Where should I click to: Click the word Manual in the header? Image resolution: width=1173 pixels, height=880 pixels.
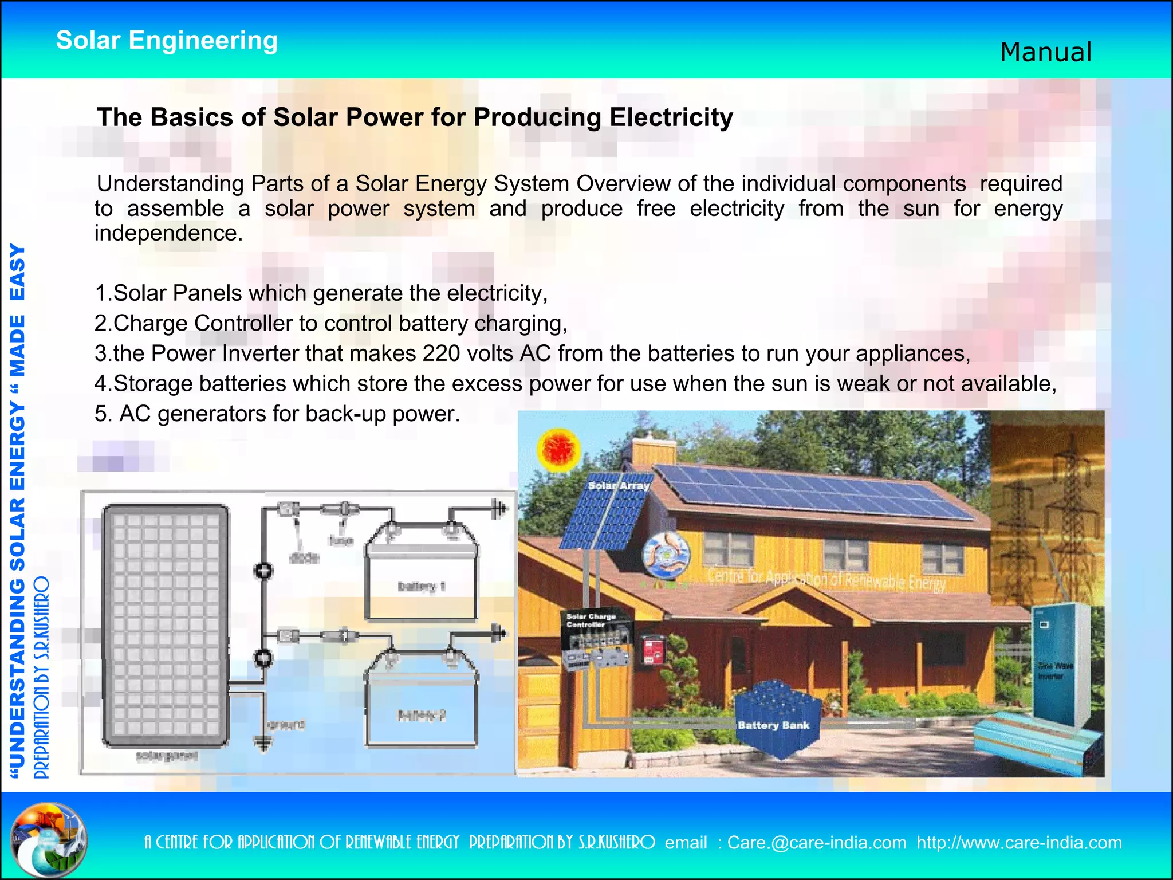pos(1046,52)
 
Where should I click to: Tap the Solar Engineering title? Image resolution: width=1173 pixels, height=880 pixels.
pos(167,41)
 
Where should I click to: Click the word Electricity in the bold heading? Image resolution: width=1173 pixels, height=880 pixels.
pos(671,117)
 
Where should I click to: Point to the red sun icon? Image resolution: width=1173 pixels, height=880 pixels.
pos(558,450)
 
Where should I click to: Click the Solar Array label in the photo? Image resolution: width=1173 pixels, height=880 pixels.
pos(619,486)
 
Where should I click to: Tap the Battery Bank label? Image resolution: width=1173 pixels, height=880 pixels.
pos(773,725)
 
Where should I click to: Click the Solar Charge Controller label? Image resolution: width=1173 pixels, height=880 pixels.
pos(591,620)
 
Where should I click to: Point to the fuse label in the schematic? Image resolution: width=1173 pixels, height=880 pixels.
pos(340,540)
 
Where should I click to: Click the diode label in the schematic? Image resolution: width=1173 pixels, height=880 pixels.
pos(304,557)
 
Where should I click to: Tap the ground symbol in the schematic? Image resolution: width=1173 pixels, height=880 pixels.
pos(263,743)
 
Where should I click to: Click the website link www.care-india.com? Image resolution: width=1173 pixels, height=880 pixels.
pos(1019,843)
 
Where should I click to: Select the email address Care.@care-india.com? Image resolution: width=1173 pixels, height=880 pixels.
pos(816,843)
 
